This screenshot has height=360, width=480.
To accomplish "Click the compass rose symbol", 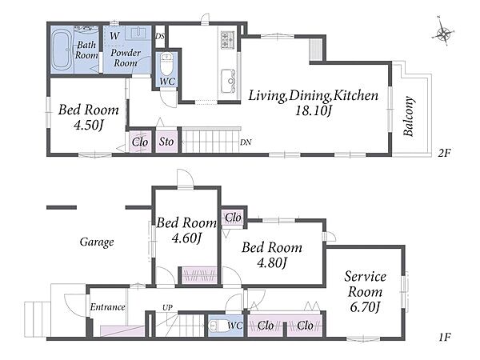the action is (443, 31).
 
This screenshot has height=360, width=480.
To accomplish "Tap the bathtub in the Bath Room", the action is (62, 50).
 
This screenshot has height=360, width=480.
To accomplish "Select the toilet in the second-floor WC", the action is (167, 64).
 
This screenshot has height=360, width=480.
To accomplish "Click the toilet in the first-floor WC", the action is (217, 326).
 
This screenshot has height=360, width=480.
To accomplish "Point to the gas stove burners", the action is (228, 39).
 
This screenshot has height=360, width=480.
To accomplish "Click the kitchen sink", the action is (228, 81).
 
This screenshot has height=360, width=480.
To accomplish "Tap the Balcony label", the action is (409, 116).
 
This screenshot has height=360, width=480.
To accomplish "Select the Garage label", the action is (97, 242).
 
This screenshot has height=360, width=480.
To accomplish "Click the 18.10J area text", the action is (314, 111).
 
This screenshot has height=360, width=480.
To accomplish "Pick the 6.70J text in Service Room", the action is (365, 307).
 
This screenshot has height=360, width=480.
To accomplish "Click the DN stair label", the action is (246, 142).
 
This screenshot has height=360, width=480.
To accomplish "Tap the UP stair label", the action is (167, 307).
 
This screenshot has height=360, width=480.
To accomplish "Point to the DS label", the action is (160, 36).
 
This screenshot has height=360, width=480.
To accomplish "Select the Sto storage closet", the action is (166, 142).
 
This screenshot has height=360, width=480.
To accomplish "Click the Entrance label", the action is (107, 307).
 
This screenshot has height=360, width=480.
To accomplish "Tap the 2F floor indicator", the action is (444, 153).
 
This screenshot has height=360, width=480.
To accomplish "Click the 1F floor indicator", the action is (444, 338).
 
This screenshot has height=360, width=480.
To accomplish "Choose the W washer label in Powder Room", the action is (114, 35).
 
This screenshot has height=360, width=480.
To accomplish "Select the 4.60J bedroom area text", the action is (186, 238).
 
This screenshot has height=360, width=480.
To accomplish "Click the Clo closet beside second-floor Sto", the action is (140, 142).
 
